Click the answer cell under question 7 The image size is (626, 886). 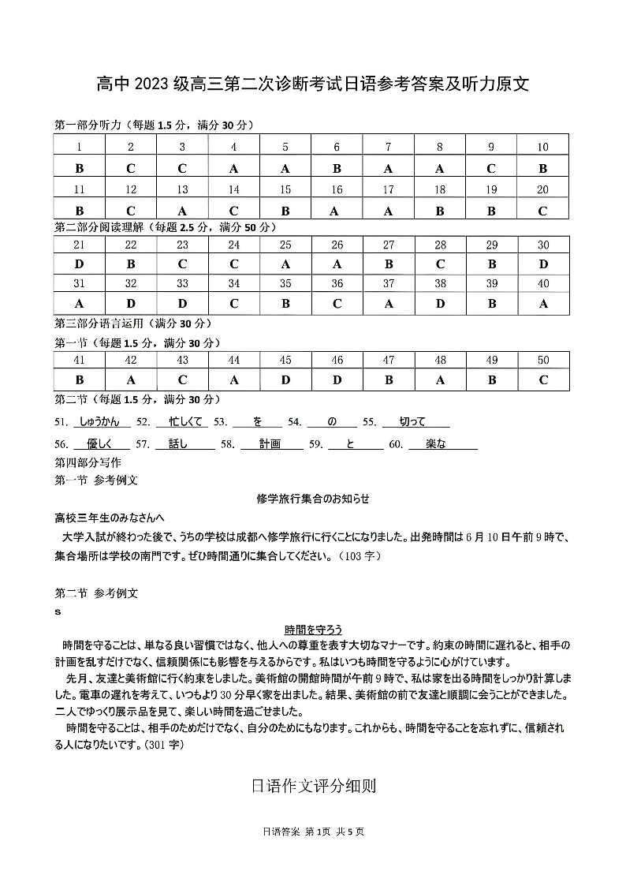tap(388, 168)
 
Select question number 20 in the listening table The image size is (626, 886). tap(542, 189)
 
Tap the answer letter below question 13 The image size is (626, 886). tap(182, 211)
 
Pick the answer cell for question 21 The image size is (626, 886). tap(79, 264)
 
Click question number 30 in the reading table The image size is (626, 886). tap(542, 245)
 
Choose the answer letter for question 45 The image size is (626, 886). tap(285, 379)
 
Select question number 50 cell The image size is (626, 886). tap(542, 360)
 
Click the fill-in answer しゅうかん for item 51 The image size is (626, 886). tap(99, 422)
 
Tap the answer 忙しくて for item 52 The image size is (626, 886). tap(180, 422)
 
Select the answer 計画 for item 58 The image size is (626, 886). tap(270, 444)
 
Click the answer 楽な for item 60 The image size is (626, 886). tap(436, 444)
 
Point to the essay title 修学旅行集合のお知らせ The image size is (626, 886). tap(313, 499)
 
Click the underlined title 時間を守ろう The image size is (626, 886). tap(313, 630)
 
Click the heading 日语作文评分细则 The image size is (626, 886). tap(313, 786)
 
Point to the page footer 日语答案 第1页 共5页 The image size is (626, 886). tap(313, 831)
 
